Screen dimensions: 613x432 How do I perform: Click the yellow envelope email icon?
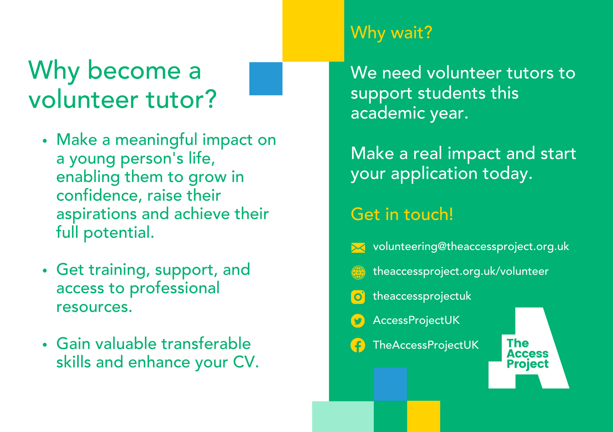358,247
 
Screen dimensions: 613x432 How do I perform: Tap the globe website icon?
358,272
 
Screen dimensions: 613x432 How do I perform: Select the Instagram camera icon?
358,297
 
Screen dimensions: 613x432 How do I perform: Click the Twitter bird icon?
358,321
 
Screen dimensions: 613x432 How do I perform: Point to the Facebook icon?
358,346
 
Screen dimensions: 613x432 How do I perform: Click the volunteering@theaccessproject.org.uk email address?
471,247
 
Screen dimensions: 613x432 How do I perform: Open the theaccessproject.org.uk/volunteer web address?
461,271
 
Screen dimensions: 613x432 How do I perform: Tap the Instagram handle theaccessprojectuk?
422,296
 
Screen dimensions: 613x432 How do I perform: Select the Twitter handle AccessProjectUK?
416,320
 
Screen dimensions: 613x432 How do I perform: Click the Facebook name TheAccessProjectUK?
426,345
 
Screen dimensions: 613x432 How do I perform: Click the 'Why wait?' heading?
391,32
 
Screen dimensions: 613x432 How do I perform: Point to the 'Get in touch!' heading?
402,214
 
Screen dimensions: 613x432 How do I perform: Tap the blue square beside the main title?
266,79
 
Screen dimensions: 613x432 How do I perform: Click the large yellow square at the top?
313,31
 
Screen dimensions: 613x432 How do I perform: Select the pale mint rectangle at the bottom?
343,416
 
